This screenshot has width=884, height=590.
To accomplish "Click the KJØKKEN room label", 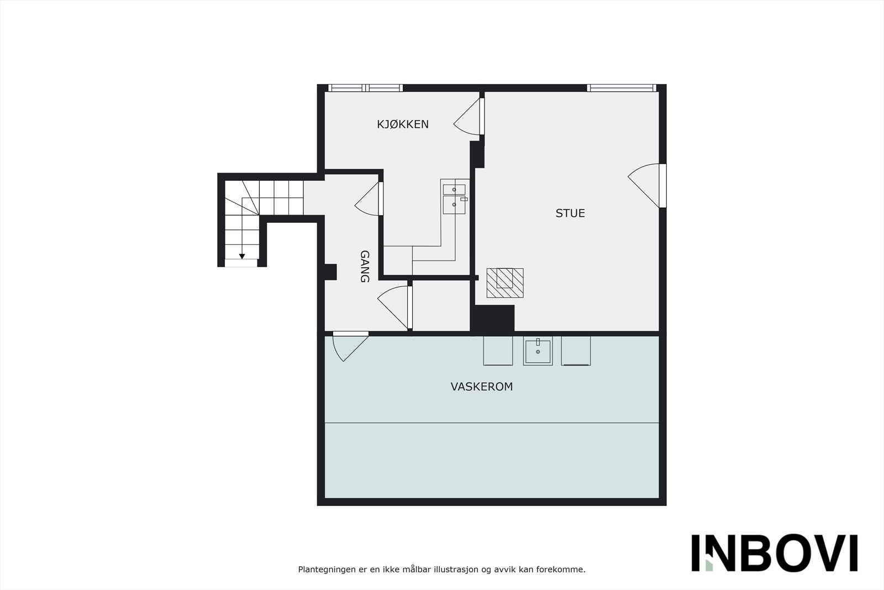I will pyautogui.click(x=402, y=124).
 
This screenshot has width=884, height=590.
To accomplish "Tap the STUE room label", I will pyautogui.click(x=570, y=213).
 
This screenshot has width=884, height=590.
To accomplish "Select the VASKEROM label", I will pyautogui.click(x=481, y=387).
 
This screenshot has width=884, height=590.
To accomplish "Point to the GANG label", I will pyautogui.click(x=365, y=266).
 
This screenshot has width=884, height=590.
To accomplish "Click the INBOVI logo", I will pyautogui.click(x=774, y=552).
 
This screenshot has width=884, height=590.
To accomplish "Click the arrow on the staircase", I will pyautogui.click(x=242, y=255).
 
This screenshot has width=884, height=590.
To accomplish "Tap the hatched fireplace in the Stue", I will pyautogui.click(x=504, y=283).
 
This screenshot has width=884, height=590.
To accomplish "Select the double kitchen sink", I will pyautogui.click(x=454, y=197).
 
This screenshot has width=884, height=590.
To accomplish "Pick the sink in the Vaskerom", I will pyautogui.click(x=538, y=351).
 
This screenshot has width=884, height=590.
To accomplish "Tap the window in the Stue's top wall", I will pyautogui.click(x=621, y=88).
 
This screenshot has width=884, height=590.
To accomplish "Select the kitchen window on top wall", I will pyautogui.click(x=365, y=88).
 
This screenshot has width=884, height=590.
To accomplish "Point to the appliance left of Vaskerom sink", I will pyautogui.click(x=498, y=351).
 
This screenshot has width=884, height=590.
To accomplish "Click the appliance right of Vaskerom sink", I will pyautogui.click(x=576, y=351).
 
